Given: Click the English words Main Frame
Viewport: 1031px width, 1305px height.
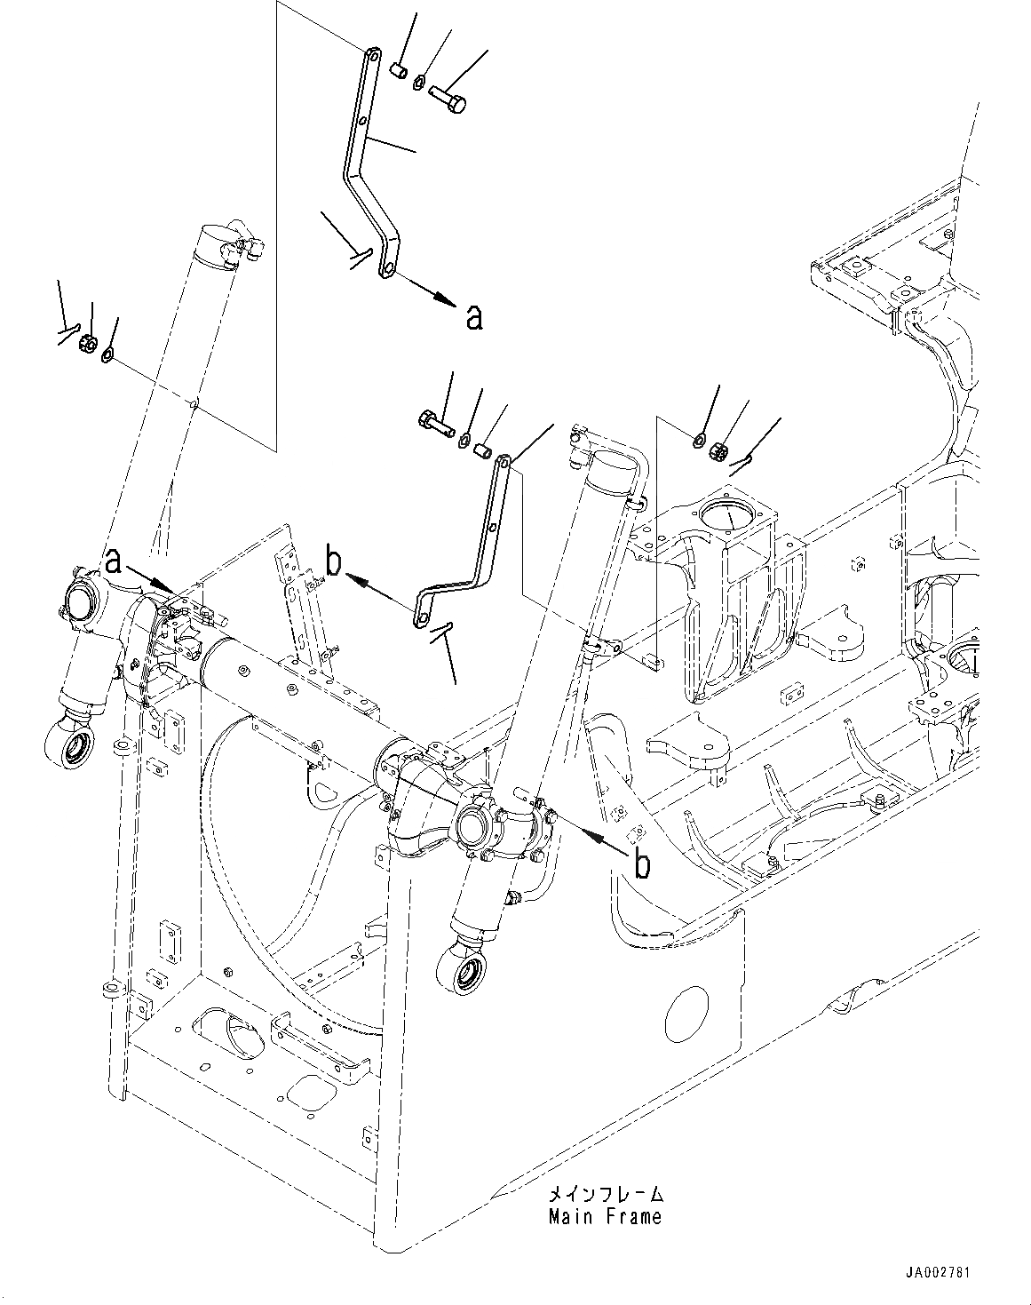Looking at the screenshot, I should click(x=605, y=1216).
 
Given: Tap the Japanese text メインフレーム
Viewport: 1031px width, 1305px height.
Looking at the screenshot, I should click(x=605, y=1194).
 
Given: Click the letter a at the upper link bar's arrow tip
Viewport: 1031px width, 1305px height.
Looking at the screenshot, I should click(x=474, y=316).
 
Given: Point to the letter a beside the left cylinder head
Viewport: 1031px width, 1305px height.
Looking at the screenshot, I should click(x=114, y=561).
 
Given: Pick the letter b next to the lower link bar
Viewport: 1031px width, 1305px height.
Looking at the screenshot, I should click(x=334, y=562).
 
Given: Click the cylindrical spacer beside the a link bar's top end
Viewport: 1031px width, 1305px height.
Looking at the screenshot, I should click(x=399, y=69).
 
